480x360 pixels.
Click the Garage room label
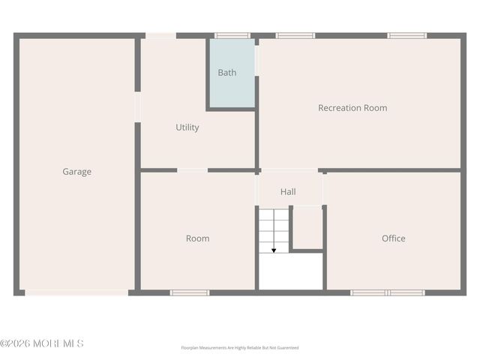76,172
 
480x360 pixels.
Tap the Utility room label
187,127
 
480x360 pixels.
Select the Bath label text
227,73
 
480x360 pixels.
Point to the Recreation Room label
352,108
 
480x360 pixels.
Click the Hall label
288,192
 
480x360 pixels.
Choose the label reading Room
198,238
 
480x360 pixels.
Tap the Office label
394,238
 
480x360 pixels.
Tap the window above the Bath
232,35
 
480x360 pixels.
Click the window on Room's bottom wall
190,292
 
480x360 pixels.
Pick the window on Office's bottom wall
388,292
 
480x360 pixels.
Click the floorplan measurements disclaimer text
240,348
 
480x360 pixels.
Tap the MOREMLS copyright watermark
42,343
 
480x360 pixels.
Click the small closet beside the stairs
307,226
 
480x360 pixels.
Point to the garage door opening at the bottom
76,292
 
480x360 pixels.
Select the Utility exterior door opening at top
160,35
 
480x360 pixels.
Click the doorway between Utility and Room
192,170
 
